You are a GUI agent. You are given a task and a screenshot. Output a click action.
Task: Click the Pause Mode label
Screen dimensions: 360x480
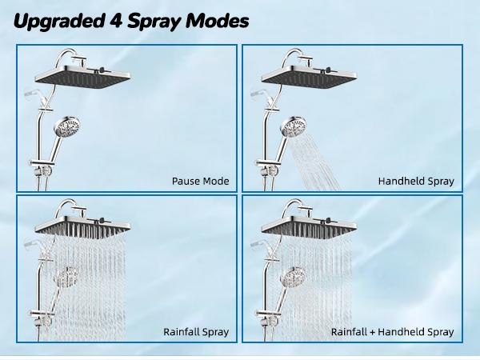(200, 182)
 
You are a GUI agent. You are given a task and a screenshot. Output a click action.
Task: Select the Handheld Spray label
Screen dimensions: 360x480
(416, 182)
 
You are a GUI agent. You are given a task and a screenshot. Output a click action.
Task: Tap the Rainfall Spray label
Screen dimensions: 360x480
(196, 331)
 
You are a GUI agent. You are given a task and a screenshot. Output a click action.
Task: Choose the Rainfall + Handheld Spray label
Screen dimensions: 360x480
(393, 331)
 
